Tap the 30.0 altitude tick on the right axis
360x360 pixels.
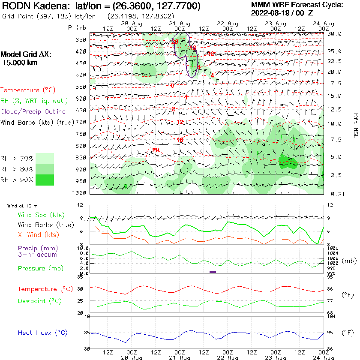coord(334,34)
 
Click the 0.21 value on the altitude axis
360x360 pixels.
coord(334,194)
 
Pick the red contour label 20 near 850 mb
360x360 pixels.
coord(155,150)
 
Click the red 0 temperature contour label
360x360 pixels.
coord(172,86)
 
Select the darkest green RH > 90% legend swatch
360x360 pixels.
coord(45,180)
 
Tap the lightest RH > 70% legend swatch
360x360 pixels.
coord(45,158)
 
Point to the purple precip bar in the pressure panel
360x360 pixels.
coord(213,272)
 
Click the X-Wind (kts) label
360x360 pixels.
coord(38,235)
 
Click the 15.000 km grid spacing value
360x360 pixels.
coord(20,63)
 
